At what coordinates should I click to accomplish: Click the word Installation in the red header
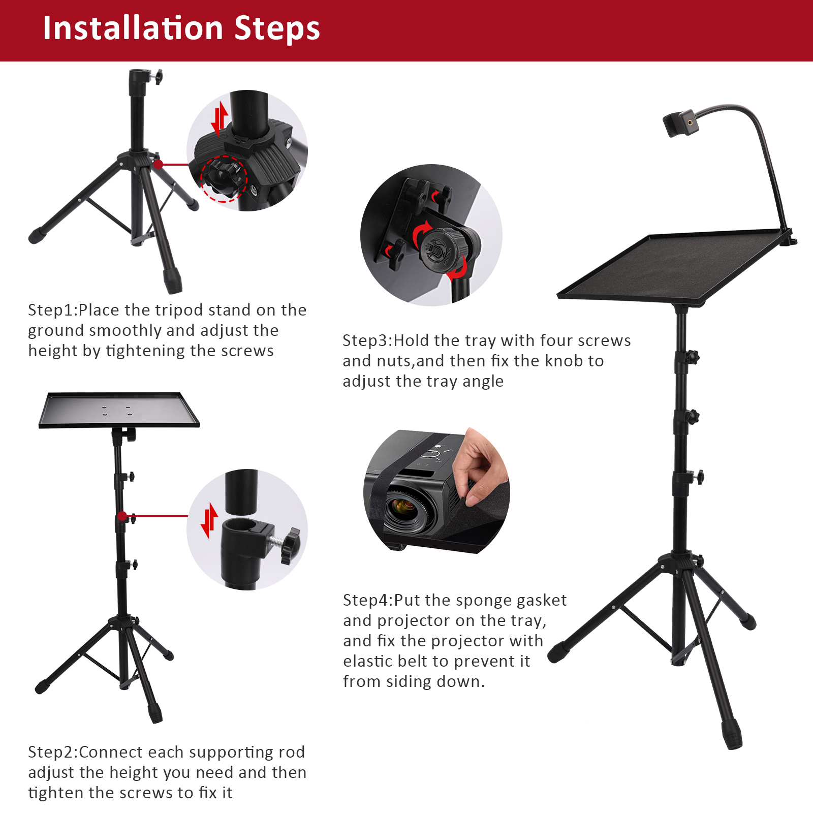[133, 28]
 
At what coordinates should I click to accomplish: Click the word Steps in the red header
[277, 29]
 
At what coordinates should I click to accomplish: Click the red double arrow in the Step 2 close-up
[209, 520]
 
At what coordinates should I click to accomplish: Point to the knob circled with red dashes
[224, 177]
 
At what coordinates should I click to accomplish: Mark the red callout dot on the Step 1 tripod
[159, 164]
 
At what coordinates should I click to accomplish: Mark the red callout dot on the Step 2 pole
[122, 516]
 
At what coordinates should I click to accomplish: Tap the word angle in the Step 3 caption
[480, 382]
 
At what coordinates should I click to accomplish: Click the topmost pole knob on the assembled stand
[691, 357]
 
